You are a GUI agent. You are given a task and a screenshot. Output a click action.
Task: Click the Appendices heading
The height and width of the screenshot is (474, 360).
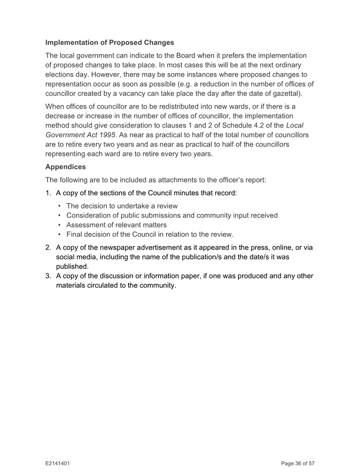65,167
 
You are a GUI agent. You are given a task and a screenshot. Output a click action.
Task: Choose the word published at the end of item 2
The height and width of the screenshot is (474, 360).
73,266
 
